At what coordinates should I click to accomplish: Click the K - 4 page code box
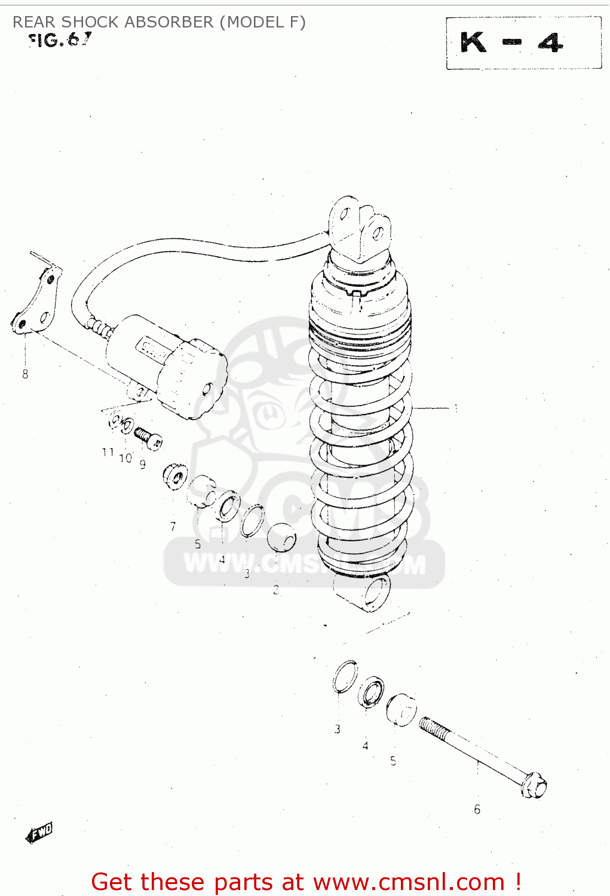click(x=523, y=43)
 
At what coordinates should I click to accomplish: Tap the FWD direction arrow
click(x=39, y=832)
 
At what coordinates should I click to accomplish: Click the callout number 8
click(x=25, y=375)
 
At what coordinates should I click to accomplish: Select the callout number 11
click(x=108, y=453)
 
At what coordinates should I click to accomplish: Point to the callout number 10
click(x=125, y=458)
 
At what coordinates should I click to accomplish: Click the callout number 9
click(x=142, y=464)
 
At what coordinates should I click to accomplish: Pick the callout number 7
click(x=173, y=526)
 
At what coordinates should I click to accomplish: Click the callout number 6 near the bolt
click(x=477, y=809)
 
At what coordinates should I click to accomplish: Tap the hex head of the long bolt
click(x=534, y=785)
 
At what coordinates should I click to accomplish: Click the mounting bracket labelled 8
click(x=36, y=302)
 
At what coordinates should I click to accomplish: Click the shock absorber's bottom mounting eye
click(x=375, y=593)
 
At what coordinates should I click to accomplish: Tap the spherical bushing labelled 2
click(x=281, y=537)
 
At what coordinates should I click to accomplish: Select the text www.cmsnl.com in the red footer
click(x=409, y=882)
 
